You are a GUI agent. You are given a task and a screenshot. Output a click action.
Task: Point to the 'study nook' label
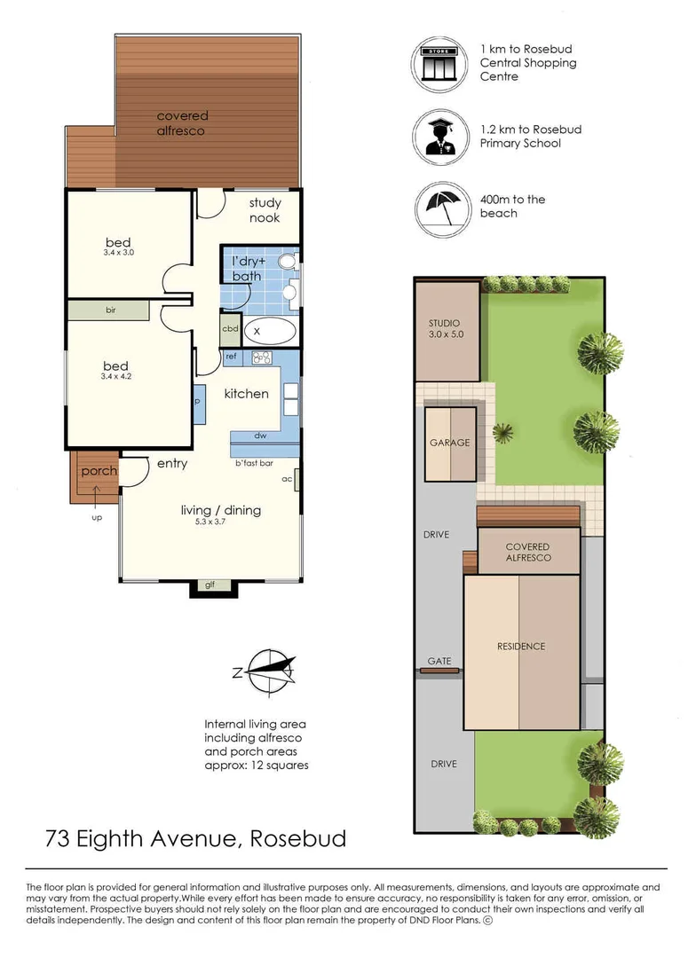(x=264, y=210)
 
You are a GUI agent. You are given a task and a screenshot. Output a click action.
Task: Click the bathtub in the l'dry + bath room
(x=268, y=331)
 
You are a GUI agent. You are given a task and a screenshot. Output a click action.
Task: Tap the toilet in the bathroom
(x=288, y=263)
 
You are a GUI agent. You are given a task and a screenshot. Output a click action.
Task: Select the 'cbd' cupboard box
(x=230, y=328)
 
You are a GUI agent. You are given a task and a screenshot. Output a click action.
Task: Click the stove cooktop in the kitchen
(x=262, y=357)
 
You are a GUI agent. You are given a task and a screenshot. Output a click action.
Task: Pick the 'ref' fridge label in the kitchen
(x=231, y=357)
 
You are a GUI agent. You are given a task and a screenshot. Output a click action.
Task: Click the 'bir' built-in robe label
(x=111, y=310)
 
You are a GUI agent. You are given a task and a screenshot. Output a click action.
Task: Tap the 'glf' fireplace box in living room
(x=210, y=585)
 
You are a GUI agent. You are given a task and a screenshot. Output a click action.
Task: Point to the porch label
(x=99, y=471)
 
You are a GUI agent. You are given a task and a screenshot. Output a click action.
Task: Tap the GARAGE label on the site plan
(x=449, y=443)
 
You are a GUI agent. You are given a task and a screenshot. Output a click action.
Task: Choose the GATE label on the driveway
(x=439, y=662)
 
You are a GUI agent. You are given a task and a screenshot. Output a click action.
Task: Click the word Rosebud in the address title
(x=298, y=838)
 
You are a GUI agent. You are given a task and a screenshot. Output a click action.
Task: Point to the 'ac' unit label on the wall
(x=287, y=479)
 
